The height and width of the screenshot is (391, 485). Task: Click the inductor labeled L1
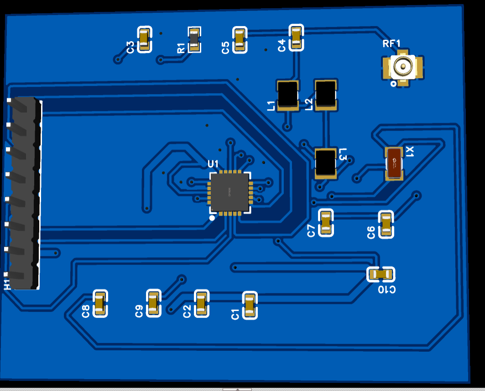(x=288, y=95)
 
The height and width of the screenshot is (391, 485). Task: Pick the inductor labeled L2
(x=326, y=95)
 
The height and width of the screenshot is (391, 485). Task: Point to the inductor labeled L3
(x=326, y=163)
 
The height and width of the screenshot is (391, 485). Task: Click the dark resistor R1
(x=194, y=40)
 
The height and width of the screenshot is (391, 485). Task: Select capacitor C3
(x=145, y=40)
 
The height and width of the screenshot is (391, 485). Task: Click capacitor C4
(x=296, y=37)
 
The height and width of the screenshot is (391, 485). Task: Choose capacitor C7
(x=325, y=222)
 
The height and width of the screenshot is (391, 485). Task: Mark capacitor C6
(x=386, y=224)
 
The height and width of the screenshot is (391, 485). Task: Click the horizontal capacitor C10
(x=381, y=274)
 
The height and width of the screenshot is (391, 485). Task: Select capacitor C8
(x=99, y=304)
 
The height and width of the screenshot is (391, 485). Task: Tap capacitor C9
(x=153, y=303)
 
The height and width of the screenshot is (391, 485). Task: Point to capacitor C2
(x=201, y=304)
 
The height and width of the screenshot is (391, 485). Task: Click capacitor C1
(x=249, y=306)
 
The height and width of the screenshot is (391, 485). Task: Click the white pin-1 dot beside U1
(x=212, y=218)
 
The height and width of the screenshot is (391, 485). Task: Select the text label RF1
(x=391, y=44)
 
